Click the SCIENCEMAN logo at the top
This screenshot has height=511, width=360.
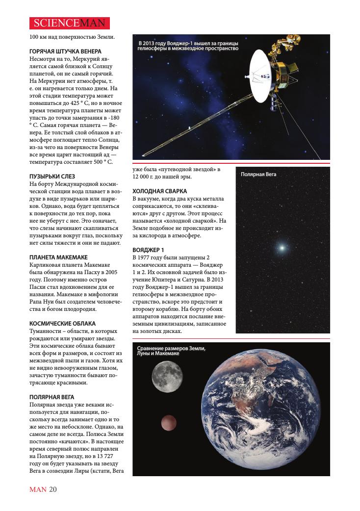pos(69,23)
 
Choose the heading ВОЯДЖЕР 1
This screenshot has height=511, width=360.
pos(148,250)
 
